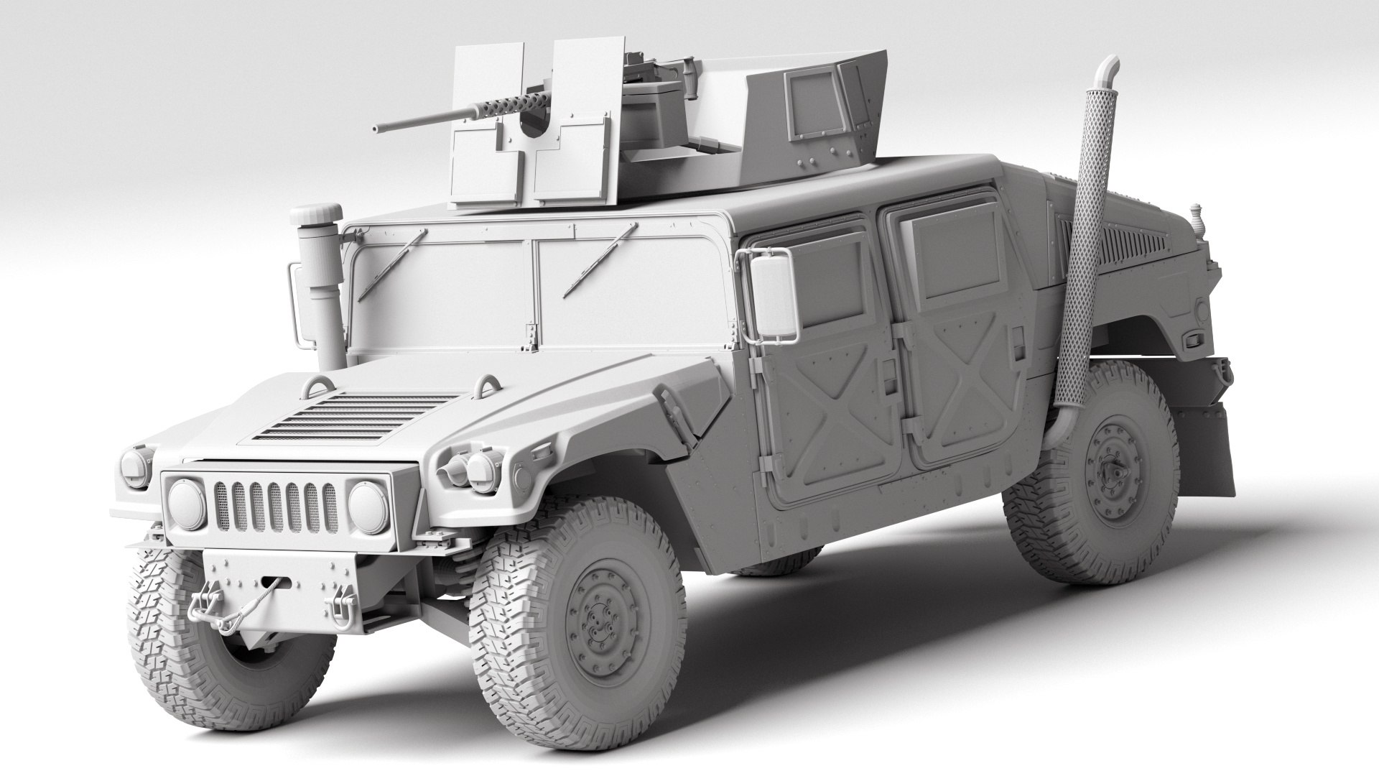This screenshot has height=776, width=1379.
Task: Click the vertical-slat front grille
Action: click(x=276, y=506)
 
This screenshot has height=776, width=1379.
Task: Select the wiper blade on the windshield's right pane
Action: click(x=600, y=259)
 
